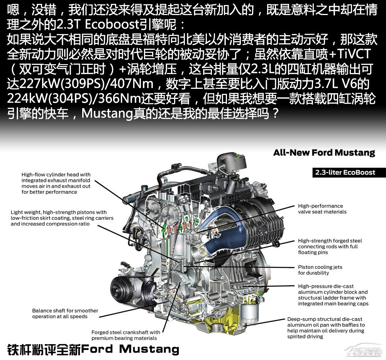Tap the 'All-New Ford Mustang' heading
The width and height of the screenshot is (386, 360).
click(x=324, y=153)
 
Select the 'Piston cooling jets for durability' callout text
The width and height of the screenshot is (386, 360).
click(x=320, y=270)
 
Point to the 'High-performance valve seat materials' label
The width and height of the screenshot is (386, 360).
click(x=322, y=209)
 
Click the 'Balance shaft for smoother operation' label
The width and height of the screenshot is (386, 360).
click(x=65, y=313)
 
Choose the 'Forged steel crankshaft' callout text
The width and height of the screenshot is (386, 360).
click(x=125, y=335)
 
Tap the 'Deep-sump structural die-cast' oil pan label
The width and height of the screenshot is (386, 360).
click(x=326, y=328)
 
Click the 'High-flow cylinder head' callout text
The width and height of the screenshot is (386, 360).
click(x=56, y=183)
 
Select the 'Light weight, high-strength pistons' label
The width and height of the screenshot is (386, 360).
click(x=62, y=218)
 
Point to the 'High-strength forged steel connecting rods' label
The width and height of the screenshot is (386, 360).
click(x=330, y=246)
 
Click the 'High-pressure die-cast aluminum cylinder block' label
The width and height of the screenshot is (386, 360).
click(x=333, y=295)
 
